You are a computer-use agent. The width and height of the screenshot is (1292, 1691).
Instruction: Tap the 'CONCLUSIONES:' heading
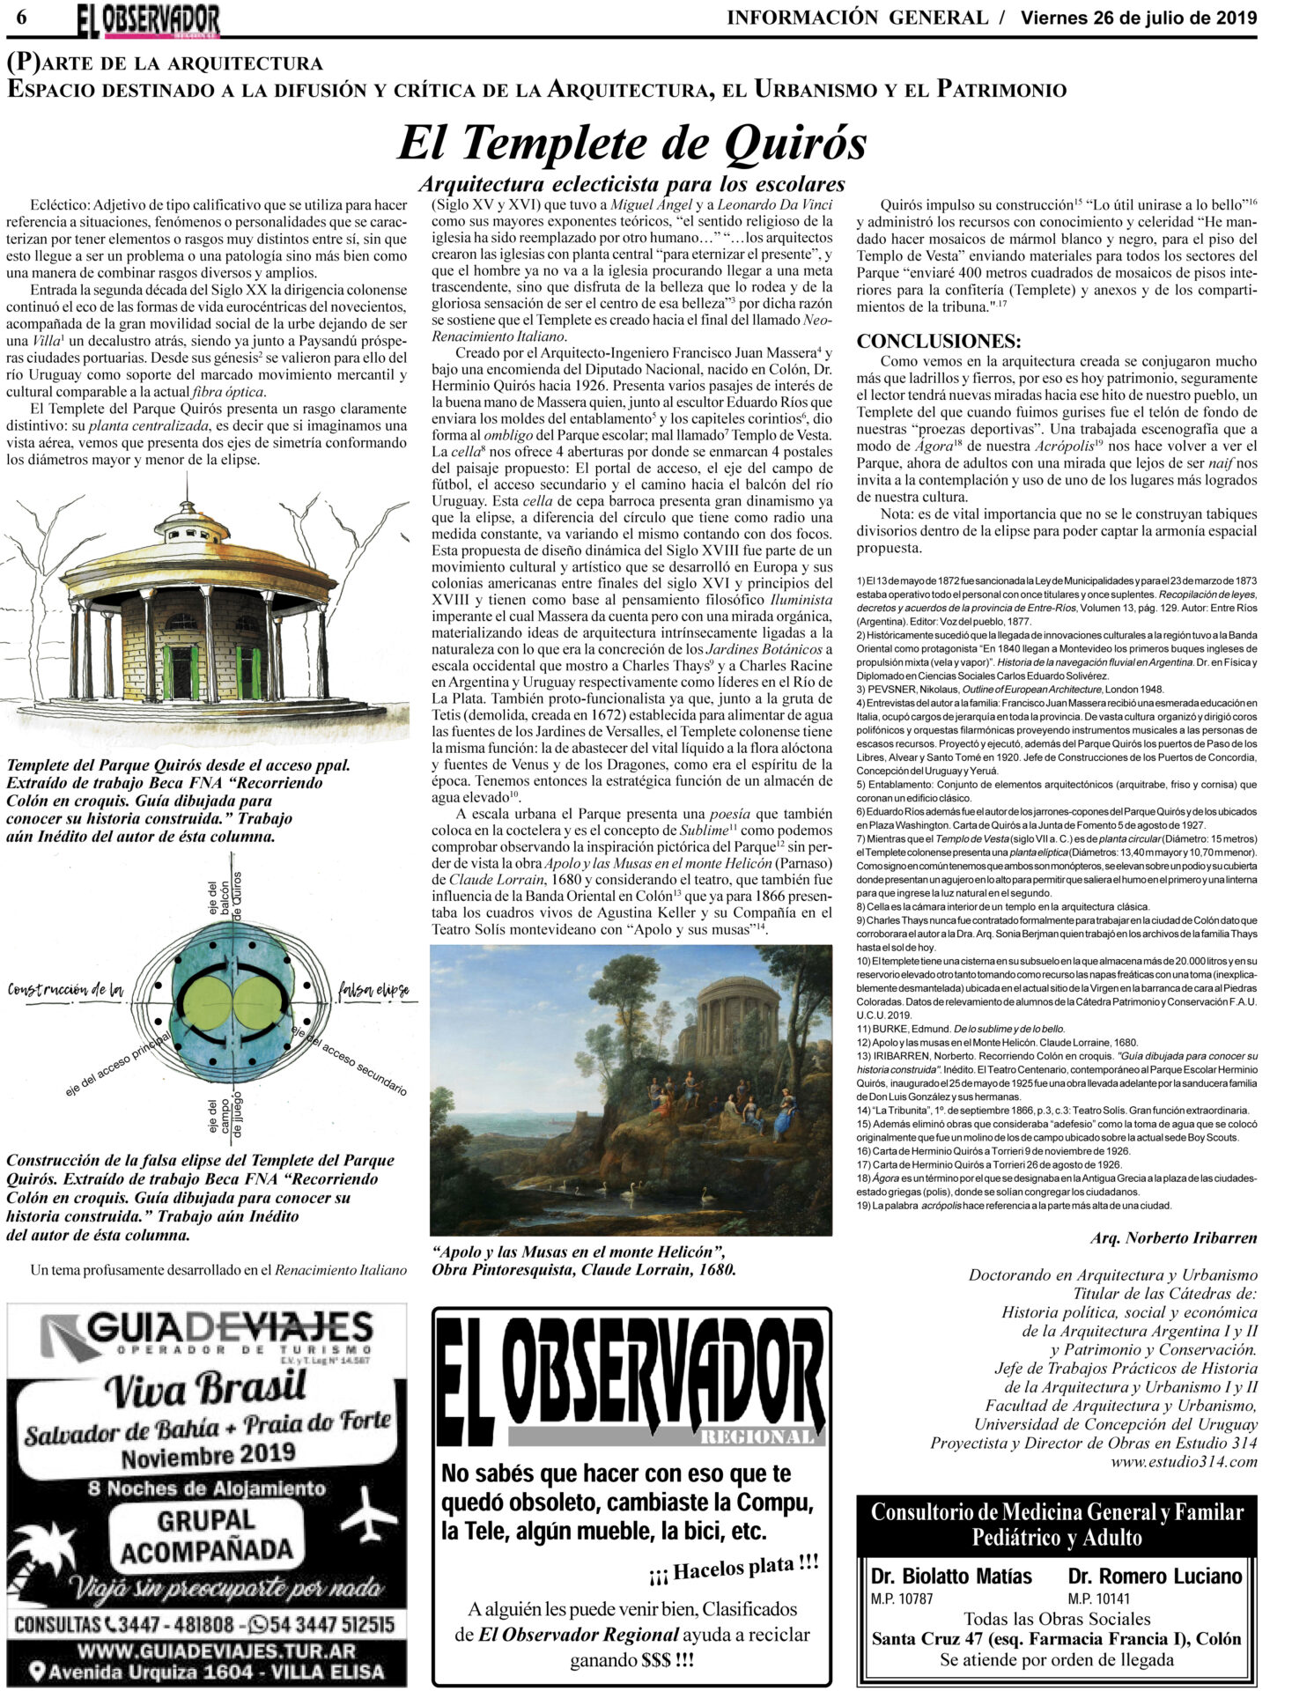coord(939,341)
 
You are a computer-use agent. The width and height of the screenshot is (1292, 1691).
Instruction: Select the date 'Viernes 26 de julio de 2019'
coord(1138,18)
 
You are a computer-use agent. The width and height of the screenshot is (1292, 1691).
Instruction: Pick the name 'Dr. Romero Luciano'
coord(1155,1576)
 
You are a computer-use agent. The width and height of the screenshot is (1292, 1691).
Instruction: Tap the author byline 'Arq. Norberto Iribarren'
coord(1173,1237)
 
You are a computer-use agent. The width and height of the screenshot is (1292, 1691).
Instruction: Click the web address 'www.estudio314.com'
coord(1184,1462)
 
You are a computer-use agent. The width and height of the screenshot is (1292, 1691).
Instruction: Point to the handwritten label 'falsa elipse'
coord(373,990)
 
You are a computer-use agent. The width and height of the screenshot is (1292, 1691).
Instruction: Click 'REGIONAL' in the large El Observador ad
coord(757,1436)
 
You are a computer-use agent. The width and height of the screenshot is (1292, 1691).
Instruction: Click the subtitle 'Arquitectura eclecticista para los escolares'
coord(631,184)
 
